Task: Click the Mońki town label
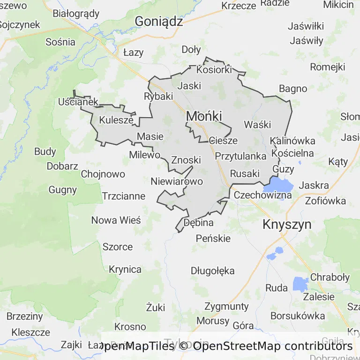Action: pos(204,116)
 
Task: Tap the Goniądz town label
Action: pos(158,21)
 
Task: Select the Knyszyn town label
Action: pos(287,224)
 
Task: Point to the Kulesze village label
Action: pos(116,120)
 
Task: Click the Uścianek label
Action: pos(78,102)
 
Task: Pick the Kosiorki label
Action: pos(214,70)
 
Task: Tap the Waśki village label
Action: pos(257,125)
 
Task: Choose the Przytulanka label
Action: pos(240,156)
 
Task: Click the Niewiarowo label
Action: pos(177,181)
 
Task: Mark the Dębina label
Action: pos(199,223)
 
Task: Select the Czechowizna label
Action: pos(262,195)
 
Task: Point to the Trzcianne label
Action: pos(124,196)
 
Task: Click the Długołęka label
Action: pos(212,270)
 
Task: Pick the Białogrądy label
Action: pos(76,14)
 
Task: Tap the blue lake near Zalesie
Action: pos(300,284)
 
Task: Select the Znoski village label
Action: pos(186,160)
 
